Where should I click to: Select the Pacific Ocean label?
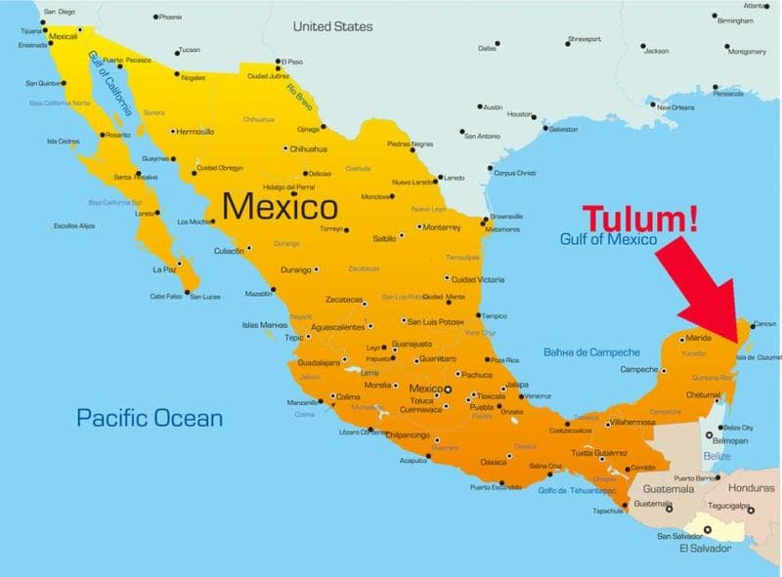pyautogui.click(x=151, y=419)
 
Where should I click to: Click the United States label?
pyautogui.click(x=332, y=26)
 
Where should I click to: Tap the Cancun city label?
pyautogui.click(x=765, y=323)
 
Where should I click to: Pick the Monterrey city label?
pyautogui.click(x=443, y=227)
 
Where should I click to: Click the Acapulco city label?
pyautogui.click(x=414, y=459)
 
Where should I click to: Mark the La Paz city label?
pyautogui.click(x=163, y=268)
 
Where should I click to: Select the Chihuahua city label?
pyautogui.click(x=309, y=149)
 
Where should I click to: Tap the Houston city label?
pyautogui.click(x=521, y=114)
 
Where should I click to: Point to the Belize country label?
pyautogui.click(x=717, y=456)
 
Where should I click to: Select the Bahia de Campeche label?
pyautogui.click(x=591, y=351)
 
